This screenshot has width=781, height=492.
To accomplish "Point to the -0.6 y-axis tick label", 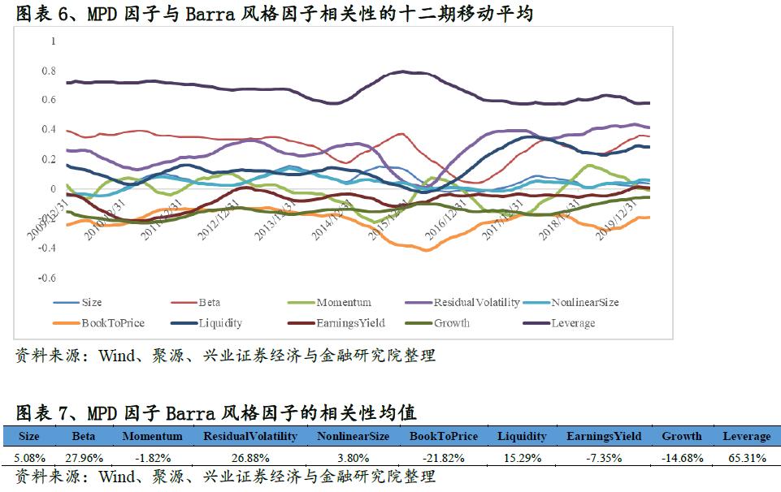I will tap(48, 278).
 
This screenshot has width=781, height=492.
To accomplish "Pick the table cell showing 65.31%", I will tap(746, 458).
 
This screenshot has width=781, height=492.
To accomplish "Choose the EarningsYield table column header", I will tap(603, 436).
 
